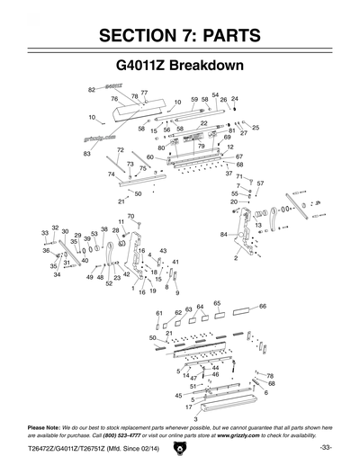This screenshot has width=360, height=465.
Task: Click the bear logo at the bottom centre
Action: click(179, 447)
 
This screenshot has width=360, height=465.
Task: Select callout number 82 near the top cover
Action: click(91, 90)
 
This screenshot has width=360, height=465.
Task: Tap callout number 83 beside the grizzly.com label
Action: click(87, 154)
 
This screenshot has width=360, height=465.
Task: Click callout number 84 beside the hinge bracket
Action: click(223, 235)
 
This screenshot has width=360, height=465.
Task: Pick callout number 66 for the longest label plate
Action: click(263, 307)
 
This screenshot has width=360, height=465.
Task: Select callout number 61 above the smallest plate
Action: click(158, 313)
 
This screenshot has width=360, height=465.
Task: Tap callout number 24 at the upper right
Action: click(235, 99)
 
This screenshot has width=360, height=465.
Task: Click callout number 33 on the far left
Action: click(44, 233)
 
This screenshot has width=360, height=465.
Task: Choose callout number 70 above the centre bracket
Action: click(130, 216)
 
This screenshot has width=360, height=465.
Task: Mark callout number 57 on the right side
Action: click(259, 183)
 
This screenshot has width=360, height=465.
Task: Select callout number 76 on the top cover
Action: click(114, 99)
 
